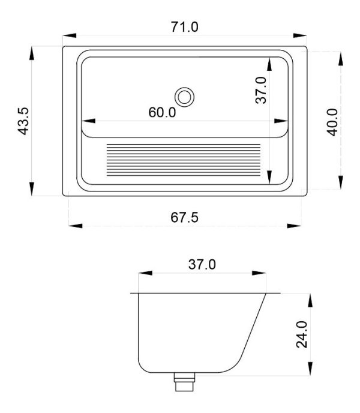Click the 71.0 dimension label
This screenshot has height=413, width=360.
[184, 27]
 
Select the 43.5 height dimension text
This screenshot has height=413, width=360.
[23, 121]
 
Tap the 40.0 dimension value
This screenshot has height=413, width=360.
[332, 122]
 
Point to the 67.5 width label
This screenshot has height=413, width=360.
[184, 217]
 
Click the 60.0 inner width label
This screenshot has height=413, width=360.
[162, 112]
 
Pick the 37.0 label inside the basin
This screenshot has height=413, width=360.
[261, 90]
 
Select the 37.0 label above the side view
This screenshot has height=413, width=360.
[202, 265]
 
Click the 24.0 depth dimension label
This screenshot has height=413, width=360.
[302, 334]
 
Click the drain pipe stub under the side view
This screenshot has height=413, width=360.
[184, 382]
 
